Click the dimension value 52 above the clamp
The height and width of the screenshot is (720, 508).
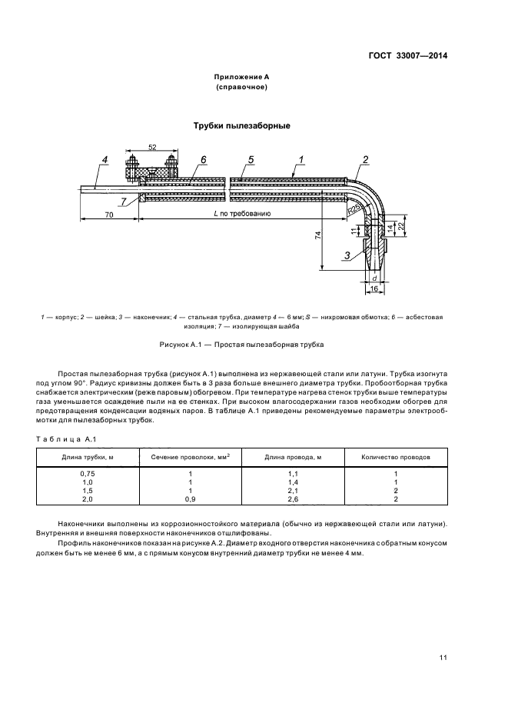pos(151,146)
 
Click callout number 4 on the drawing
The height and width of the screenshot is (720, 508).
pos(105,160)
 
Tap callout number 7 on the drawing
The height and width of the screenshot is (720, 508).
pos(124,201)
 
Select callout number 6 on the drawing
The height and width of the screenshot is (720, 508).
pos(204,159)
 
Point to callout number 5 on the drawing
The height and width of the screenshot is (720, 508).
pos(251,159)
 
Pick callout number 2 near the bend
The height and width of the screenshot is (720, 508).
pos(366,160)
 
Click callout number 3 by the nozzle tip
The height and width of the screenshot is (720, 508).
pos(347,255)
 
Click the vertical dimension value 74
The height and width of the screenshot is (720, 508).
pos(318,238)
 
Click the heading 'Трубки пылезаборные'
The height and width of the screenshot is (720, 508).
pos(242,125)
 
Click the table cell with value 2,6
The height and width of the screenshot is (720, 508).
pos(293,498)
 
